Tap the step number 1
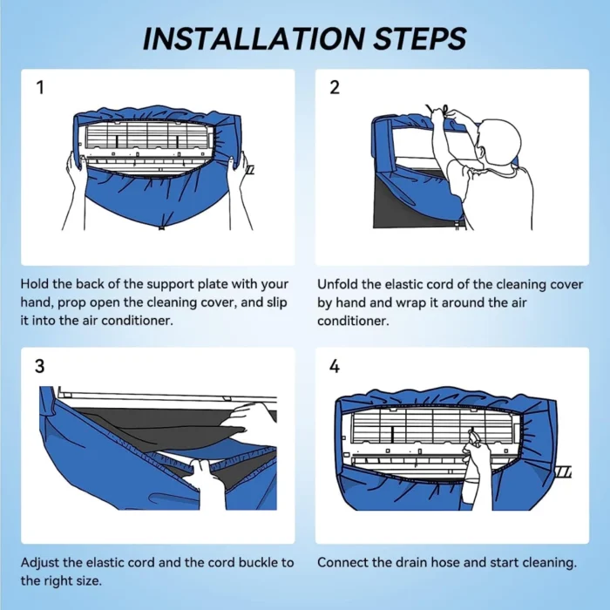pyautogui.click(x=40, y=87)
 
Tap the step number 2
pyautogui.click(x=335, y=87)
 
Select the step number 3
pyautogui.click(x=40, y=366)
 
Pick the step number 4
pyautogui.click(x=335, y=366)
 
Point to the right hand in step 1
pyautogui.click(x=237, y=170)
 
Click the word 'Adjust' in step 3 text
pyautogui.click(x=40, y=562)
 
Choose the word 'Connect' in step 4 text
pyautogui.click(x=342, y=562)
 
